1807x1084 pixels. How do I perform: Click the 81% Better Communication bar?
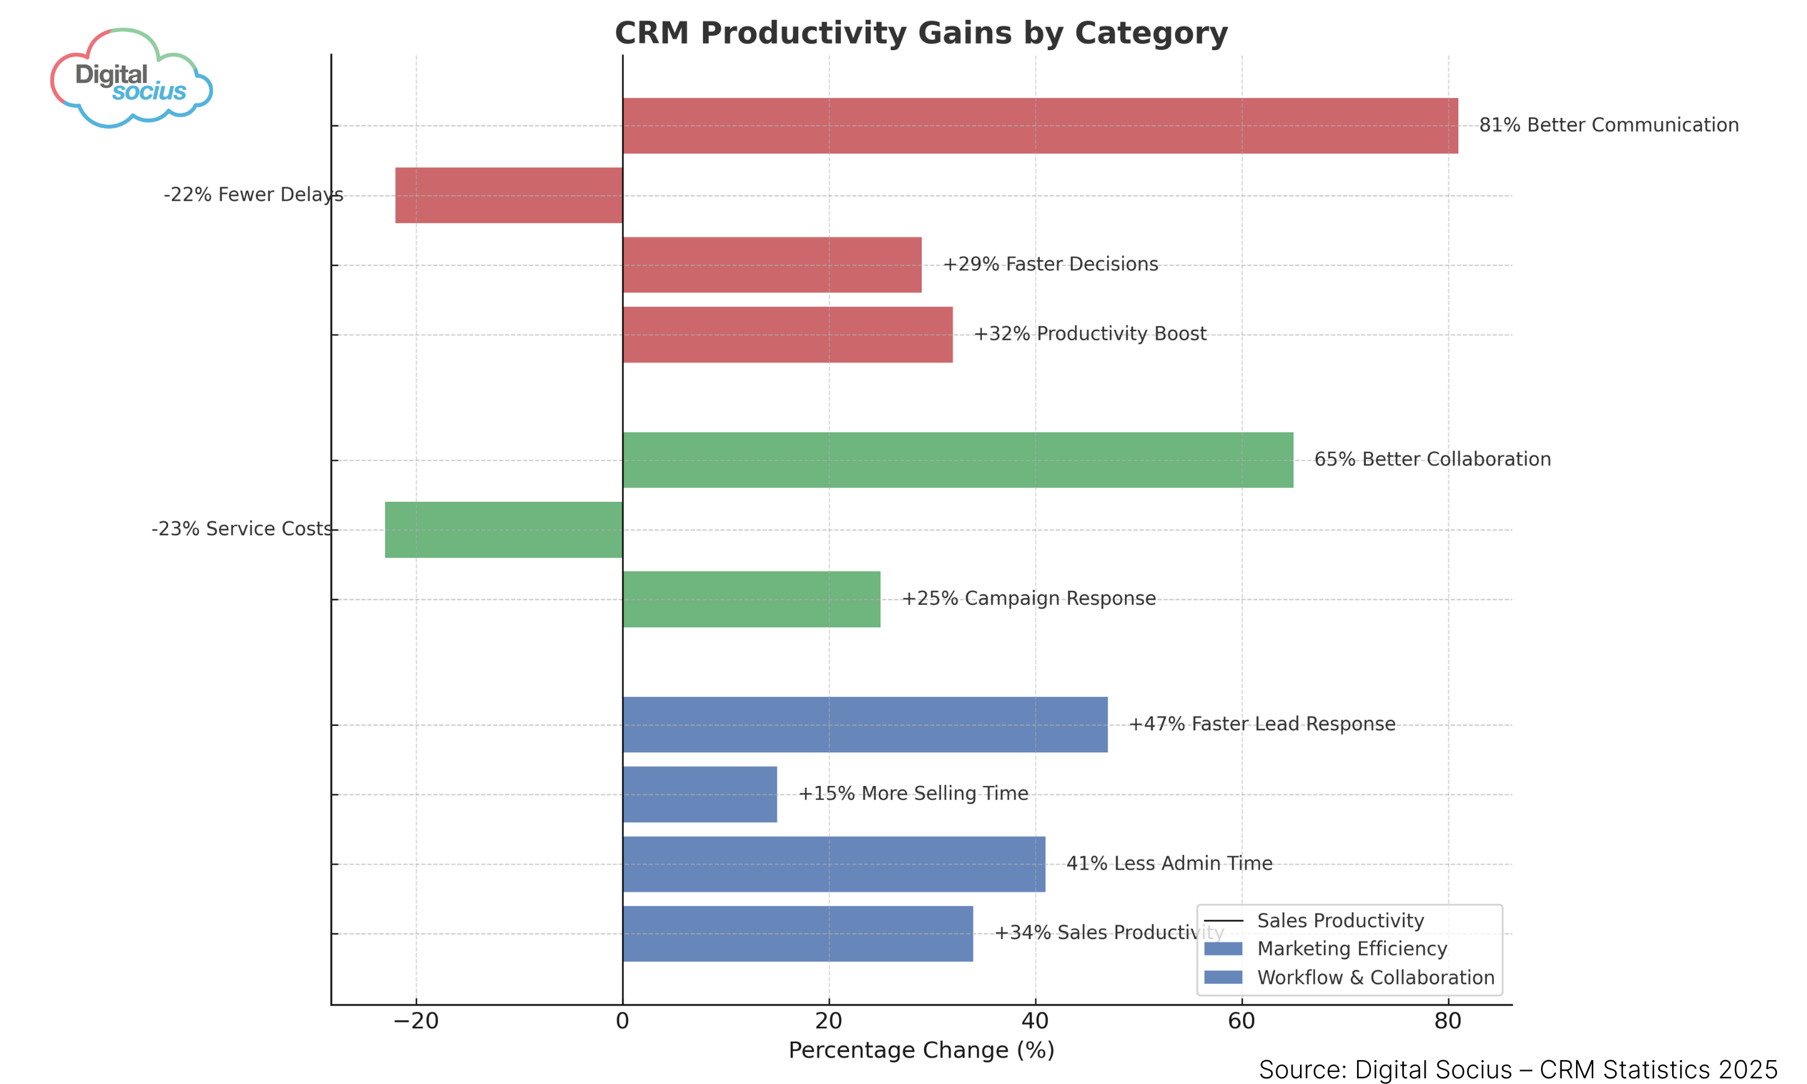(x=1040, y=125)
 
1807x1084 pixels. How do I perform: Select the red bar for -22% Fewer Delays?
(x=508, y=195)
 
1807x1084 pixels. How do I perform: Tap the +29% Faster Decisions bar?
(x=771, y=265)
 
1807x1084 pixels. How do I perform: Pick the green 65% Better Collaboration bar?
(x=957, y=459)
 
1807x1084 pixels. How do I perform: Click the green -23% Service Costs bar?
(x=503, y=529)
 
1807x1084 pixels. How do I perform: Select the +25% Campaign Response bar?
(x=751, y=599)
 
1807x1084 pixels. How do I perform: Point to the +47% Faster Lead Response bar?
(x=864, y=725)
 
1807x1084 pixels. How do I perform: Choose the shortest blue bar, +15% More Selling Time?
(x=699, y=794)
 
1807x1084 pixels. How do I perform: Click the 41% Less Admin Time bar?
(x=833, y=864)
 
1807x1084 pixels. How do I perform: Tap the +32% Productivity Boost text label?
(x=1089, y=334)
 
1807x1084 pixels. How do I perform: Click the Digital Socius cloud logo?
(x=132, y=79)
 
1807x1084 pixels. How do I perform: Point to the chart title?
(x=920, y=34)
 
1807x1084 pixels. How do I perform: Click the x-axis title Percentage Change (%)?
(x=920, y=1050)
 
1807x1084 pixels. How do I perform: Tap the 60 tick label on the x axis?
(x=1241, y=1021)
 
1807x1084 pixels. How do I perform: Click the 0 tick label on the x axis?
(x=622, y=1021)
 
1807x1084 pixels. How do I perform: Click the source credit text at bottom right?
(x=1517, y=1070)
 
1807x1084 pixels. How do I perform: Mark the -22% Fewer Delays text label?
(x=253, y=195)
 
